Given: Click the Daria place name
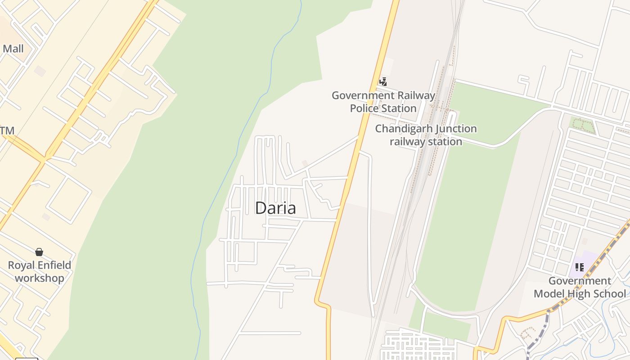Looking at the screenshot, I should (275, 208).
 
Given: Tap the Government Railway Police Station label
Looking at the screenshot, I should (383, 102).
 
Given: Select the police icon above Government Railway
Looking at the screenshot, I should (383, 81).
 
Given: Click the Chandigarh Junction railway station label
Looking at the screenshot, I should (426, 135).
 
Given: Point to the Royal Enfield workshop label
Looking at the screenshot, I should (40, 271).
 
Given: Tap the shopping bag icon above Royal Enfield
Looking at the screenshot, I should (39, 252).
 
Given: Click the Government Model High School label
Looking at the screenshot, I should (580, 287).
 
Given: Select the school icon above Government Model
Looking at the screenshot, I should (579, 267).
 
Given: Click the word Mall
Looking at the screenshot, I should (13, 49).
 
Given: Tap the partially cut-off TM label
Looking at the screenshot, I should (7, 130).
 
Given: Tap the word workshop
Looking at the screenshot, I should (40, 278).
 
